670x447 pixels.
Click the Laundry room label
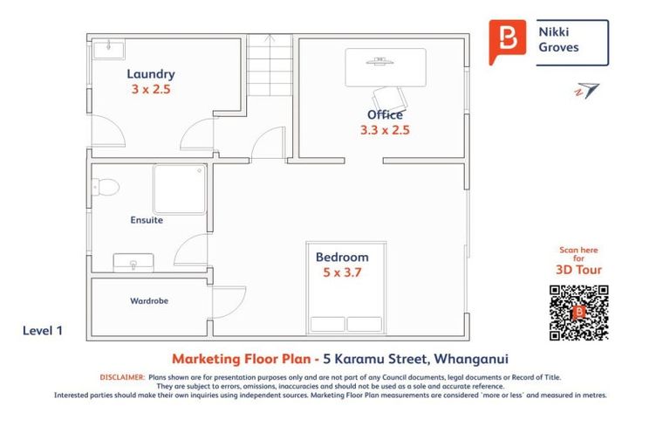(150, 74)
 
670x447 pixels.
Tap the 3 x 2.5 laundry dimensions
(150, 89)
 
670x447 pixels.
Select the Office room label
(385, 114)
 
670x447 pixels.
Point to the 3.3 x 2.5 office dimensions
(385, 130)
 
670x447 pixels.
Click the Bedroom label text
(342, 257)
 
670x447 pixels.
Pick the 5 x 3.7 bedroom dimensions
(342, 272)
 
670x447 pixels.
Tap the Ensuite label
(147, 220)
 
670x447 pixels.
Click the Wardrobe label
(149, 301)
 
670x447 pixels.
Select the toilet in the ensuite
(105, 187)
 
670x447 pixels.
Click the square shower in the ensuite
(180, 189)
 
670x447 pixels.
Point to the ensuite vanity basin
(133, 262)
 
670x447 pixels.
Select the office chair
(389, 97)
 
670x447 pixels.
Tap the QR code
(578, 313)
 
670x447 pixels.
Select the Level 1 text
(43, 331)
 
